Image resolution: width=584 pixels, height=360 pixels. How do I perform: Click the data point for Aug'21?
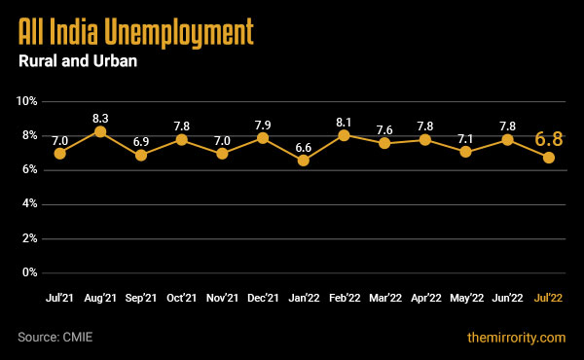coord(100,131)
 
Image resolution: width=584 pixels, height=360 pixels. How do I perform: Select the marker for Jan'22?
coord(304,161)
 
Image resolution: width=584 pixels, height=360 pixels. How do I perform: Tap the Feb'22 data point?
coord(345,135)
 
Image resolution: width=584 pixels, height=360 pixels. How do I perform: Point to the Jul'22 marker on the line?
coord(549,157)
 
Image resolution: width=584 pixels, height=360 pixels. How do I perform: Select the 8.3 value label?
coord(100,114)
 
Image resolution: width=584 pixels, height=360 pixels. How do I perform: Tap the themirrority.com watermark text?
coord(516,337)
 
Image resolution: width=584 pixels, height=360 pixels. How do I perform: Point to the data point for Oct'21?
coord(182,140)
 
